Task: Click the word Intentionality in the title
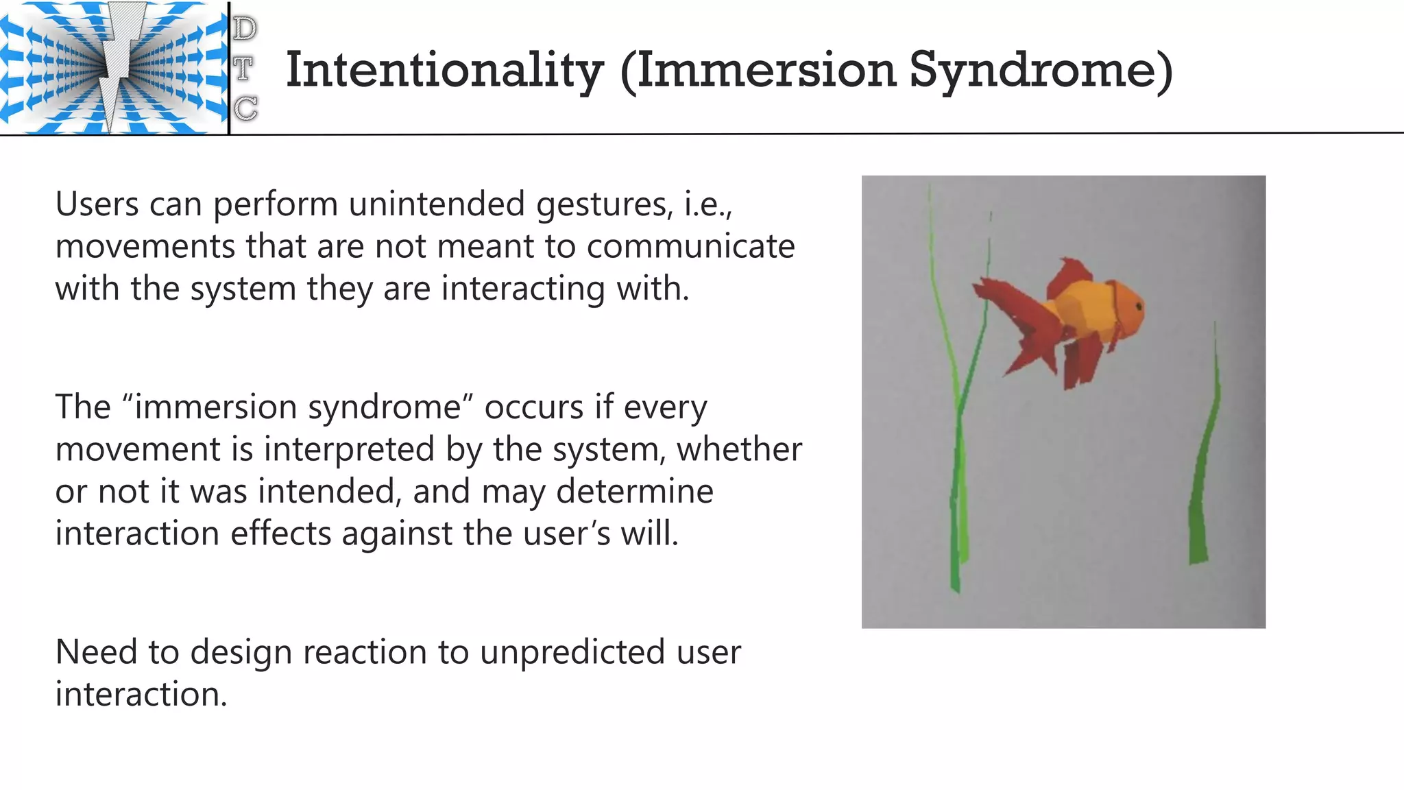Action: (444, 71)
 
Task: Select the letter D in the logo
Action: (245, 29)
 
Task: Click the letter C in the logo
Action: (245, 108)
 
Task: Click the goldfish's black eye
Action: (1138, 305)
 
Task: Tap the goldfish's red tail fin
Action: (1015, 322)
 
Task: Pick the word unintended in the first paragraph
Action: (438, 204)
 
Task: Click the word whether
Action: (739, 450)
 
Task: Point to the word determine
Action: (634, 492)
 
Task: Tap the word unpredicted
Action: (572, 652)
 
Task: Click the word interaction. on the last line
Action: (141, 694)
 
